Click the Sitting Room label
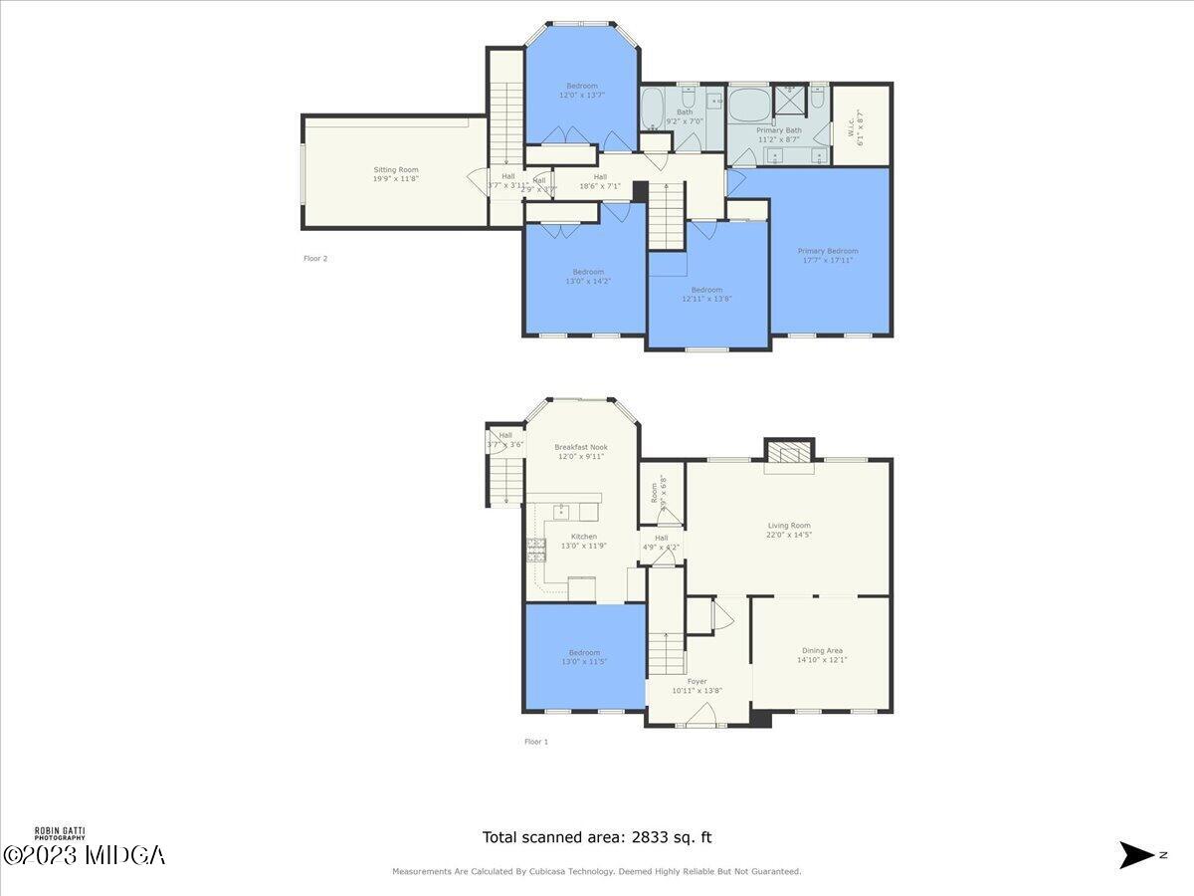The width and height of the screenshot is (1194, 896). [396, 174]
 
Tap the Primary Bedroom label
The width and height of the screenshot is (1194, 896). [827, 256]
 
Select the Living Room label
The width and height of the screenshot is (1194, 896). [788, 530]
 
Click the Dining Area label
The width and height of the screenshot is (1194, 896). [821, 655]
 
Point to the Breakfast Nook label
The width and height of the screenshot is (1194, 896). [580, 452]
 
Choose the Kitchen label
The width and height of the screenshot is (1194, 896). [583, 541]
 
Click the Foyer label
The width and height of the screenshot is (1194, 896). [696, 686]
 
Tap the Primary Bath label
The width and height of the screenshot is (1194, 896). [778, 135]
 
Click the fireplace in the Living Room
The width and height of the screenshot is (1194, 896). [789, 454]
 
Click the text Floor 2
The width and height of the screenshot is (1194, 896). [315, 259]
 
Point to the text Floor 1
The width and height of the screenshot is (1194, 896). [536, 742]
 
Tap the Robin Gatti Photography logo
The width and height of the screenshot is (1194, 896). [60, 833]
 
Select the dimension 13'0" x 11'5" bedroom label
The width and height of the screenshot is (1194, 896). [584, 657]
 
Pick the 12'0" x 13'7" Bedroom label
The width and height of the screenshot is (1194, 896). [582, 91]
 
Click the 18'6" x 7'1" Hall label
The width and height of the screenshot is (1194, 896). [600, 181]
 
